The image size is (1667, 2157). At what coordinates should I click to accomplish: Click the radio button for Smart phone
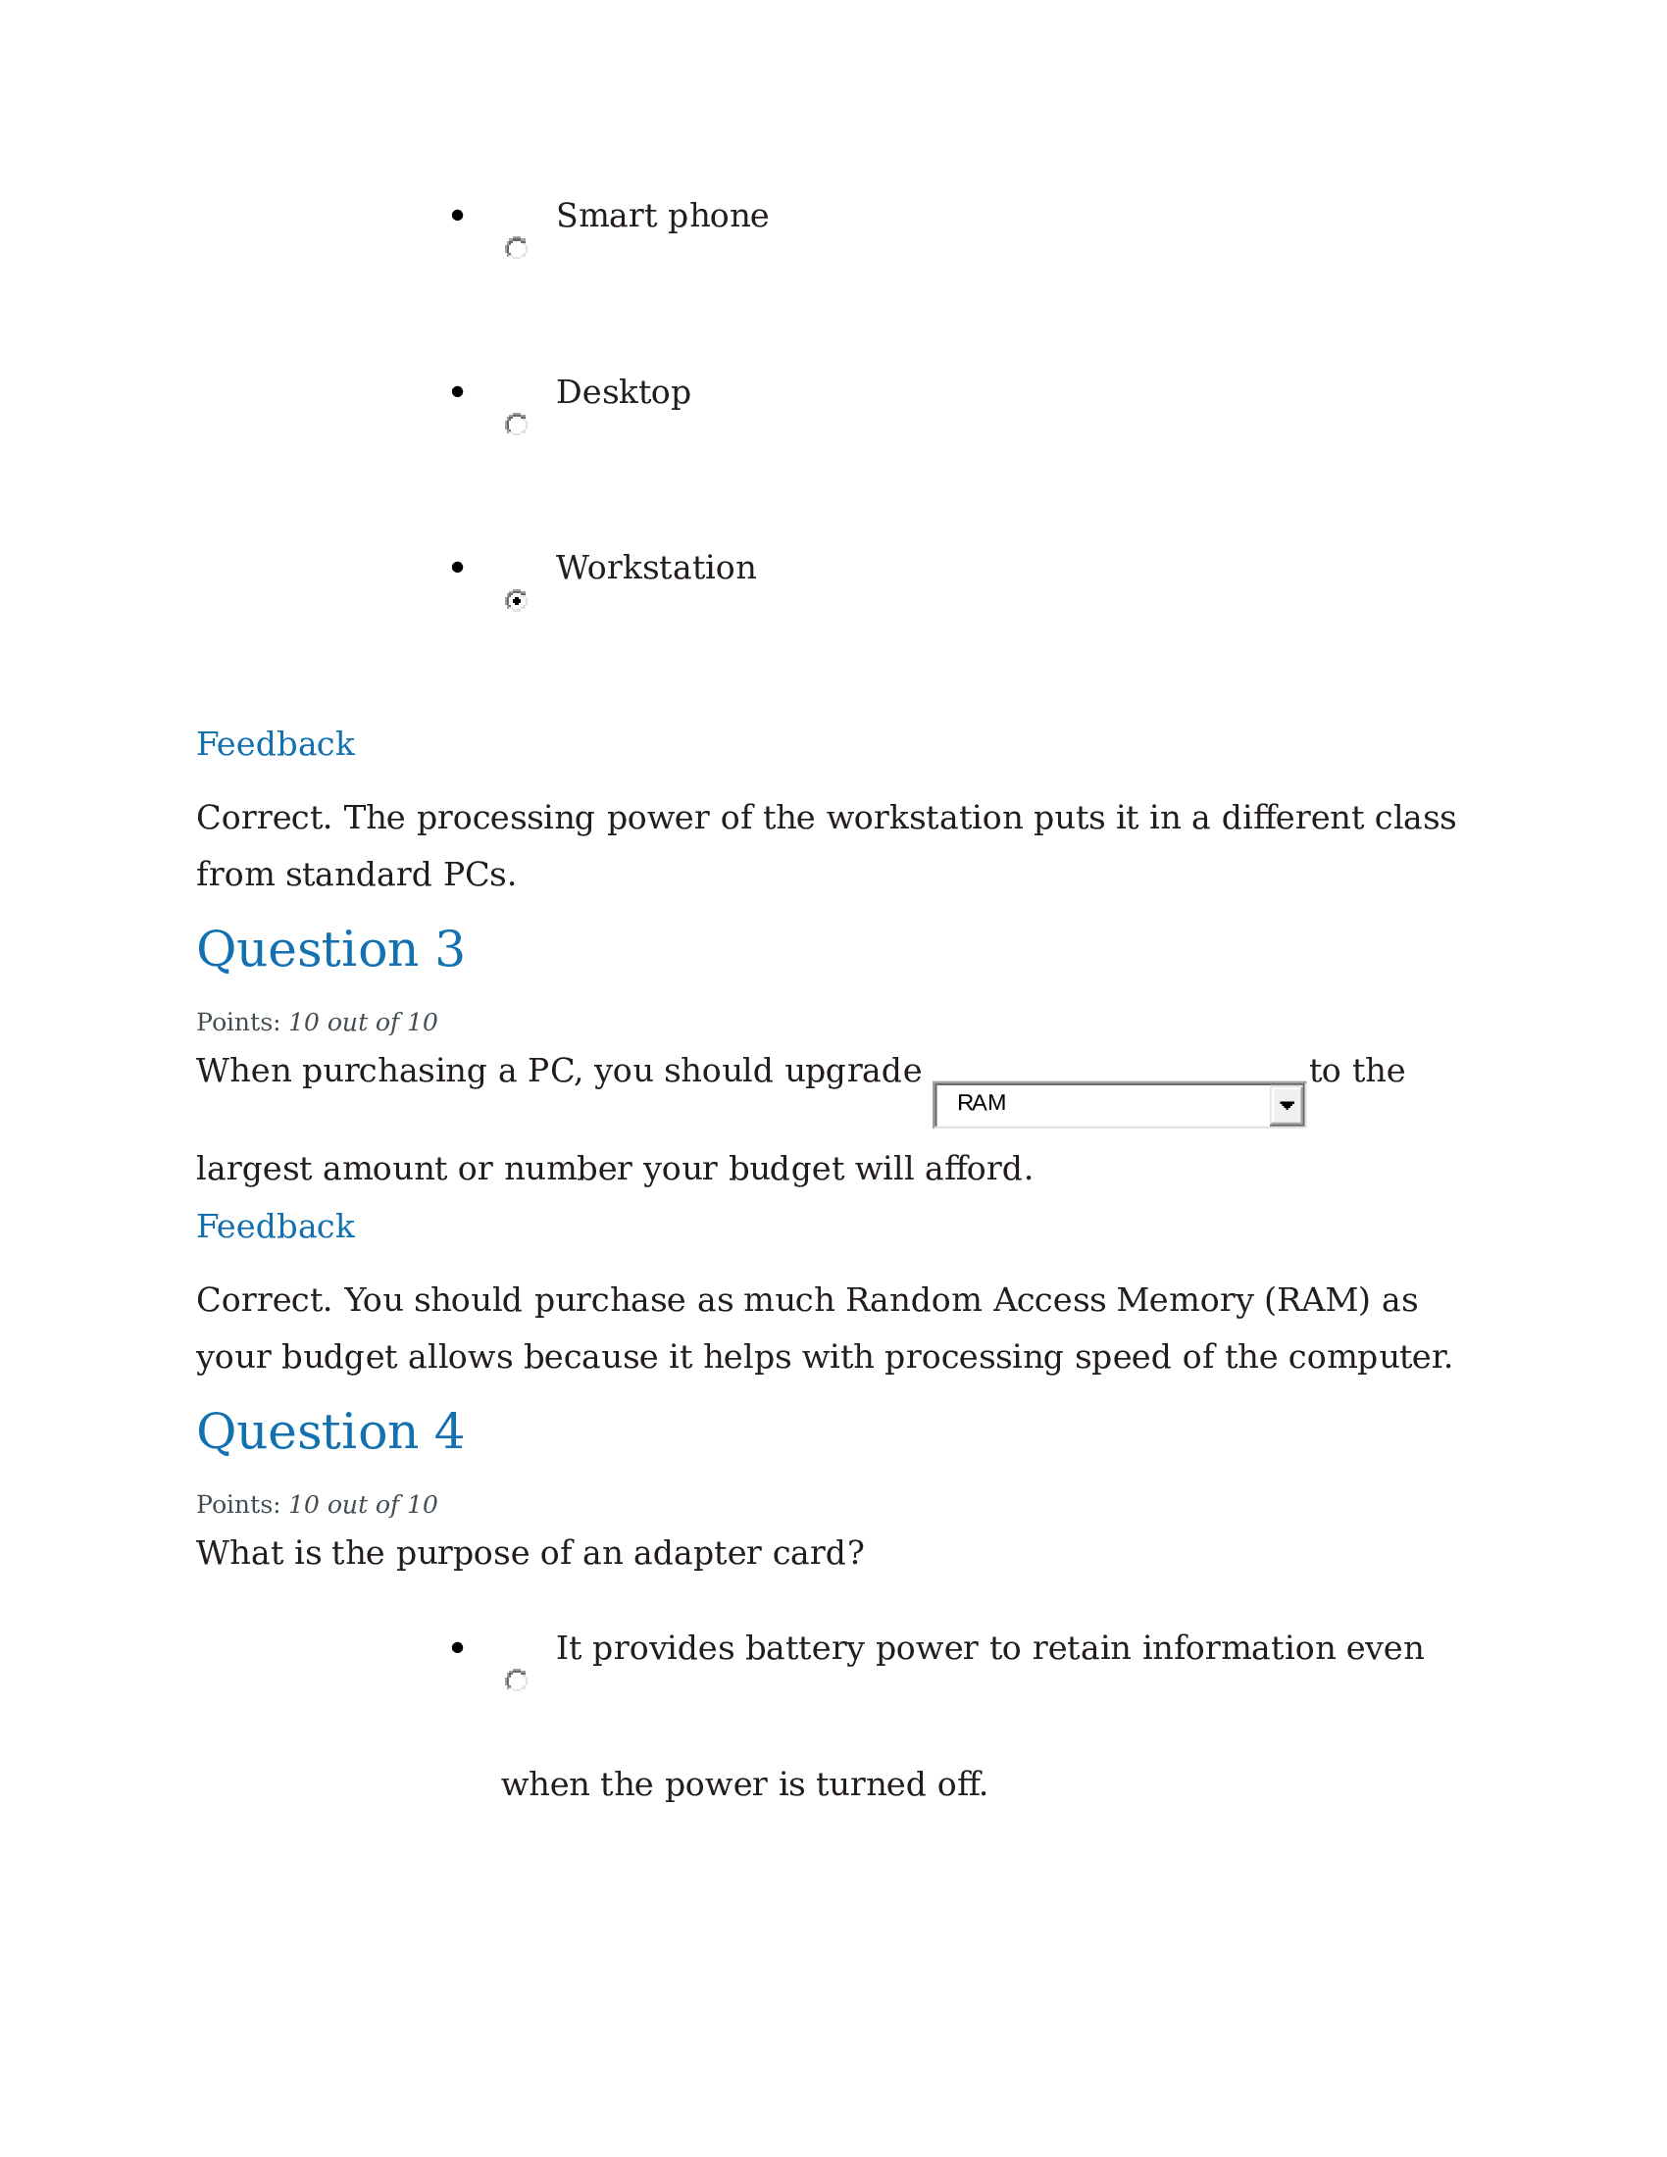(516, 248)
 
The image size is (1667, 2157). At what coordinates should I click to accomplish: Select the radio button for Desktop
(516, 425)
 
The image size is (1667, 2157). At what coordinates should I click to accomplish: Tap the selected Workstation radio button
(516, 600)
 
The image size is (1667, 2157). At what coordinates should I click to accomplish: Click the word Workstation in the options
(656, 568)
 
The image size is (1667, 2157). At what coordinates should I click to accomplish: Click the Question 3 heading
(329, 949)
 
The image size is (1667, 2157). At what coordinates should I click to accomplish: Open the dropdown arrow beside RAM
(1286, 1105)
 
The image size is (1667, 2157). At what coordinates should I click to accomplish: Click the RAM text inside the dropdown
(981, 1103)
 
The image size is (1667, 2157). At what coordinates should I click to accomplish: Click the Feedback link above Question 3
(275, 744)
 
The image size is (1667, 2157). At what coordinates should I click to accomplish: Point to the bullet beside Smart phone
(456, 216)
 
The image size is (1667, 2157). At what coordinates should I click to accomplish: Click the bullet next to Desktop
(456, 392)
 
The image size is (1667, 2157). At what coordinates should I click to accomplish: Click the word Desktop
(623, 392)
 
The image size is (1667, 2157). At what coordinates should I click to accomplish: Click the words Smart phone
(662, 216)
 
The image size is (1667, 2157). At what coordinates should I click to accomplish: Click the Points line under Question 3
(316, 1023)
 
